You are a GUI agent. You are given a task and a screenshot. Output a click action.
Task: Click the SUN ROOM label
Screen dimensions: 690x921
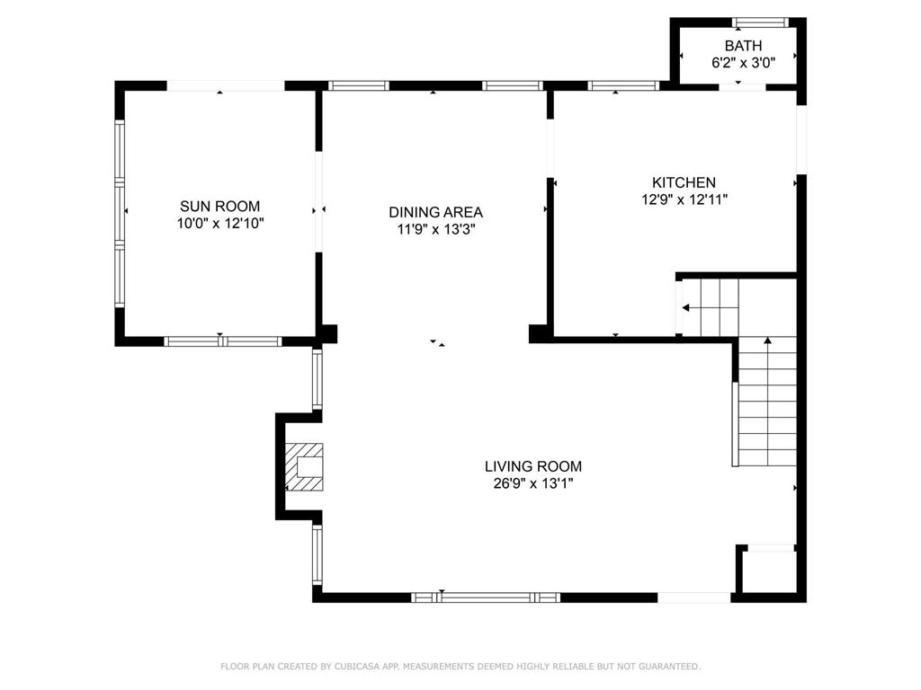click(219, 206)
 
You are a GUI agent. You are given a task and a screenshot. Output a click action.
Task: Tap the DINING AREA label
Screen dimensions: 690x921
click(435, 212)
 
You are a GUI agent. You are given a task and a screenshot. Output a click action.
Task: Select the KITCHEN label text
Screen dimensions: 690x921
click(684, 182)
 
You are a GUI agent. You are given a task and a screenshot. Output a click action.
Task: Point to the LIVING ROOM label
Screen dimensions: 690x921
click(532, 466)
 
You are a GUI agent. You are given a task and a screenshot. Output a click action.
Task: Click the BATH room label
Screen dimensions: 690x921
click(743, 46)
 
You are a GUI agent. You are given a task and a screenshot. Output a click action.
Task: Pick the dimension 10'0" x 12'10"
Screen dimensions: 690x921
click(219, 223)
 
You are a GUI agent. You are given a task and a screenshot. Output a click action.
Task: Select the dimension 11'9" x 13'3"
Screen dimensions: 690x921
click(435, 229)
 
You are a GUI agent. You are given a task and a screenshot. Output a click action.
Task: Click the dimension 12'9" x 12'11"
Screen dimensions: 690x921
click(684, 199)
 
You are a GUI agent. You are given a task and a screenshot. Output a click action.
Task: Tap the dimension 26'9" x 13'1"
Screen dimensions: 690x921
click(532, 483)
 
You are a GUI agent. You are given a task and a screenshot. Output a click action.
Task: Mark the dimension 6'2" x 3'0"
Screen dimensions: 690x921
click(743, 63)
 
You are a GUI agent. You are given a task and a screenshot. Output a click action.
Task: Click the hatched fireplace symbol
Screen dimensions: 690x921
click(305, 467)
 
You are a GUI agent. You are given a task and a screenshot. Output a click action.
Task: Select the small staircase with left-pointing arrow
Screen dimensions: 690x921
click(709, 307)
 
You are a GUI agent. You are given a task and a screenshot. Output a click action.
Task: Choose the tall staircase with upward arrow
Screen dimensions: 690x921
click(767, 402)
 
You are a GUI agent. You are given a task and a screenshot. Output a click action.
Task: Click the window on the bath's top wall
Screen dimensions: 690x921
click(760, 22)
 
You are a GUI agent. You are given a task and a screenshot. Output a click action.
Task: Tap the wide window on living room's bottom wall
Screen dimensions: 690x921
click(486, 597)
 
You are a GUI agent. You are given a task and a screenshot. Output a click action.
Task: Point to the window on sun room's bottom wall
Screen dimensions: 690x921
click(223, 341)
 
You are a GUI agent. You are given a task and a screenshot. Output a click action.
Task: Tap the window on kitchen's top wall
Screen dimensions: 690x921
click(623, 86)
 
